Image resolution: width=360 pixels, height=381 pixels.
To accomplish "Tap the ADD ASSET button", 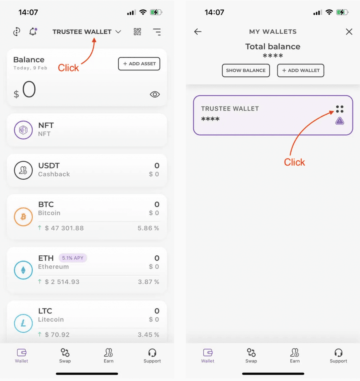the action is tap(139, 64).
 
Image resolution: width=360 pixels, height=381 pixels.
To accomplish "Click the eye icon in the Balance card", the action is tap(155, 94).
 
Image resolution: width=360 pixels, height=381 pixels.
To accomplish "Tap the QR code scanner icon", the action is tap(137, 32).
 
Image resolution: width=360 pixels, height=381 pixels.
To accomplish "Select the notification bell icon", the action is tap(33, 32).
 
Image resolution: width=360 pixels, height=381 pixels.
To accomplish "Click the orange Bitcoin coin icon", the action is tap(23, 217).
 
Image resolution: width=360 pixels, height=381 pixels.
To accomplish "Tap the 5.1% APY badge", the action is tap(73, 258).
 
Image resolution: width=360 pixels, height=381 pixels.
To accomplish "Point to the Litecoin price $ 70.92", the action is tap(57, 335).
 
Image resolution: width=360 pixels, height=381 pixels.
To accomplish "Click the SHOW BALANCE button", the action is tap(246, 70).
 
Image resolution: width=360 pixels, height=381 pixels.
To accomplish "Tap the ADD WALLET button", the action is tap(300, 70).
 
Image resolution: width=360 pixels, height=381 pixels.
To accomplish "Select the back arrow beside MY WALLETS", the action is tap(198, 32).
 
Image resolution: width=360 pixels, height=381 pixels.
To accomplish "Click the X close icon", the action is tap(349, 32).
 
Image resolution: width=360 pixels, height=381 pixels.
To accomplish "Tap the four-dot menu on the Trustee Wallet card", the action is tap(340, 109).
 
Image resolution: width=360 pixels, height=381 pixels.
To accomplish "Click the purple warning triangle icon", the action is tap(340, 121).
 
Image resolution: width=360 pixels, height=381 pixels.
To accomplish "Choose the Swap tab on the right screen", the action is tap(251, 356).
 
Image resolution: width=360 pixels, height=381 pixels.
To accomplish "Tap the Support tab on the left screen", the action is tap(152, 356).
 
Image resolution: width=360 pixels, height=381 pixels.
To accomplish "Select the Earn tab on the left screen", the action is tap(108, 356).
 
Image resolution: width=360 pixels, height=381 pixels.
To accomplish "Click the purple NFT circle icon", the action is tap(23, 130).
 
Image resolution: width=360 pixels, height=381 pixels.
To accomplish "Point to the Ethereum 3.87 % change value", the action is tap(148, 282).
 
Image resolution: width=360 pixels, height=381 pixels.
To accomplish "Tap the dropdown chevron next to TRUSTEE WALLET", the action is tap(118, 32).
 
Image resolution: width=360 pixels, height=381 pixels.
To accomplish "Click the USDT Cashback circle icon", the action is tap(23, 170).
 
